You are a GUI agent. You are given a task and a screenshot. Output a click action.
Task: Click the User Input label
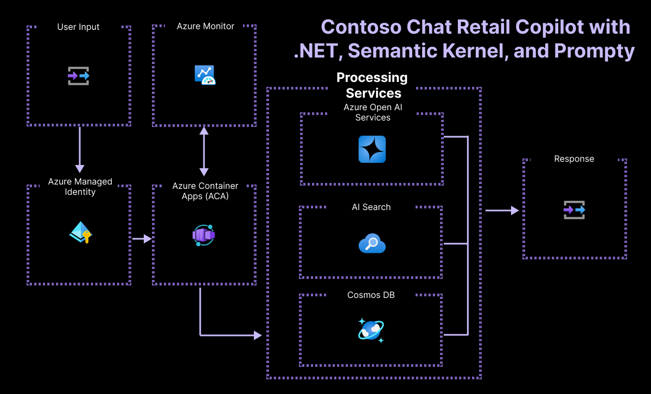click(78, 27)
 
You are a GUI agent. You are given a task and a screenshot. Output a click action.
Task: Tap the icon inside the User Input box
click(79, 76)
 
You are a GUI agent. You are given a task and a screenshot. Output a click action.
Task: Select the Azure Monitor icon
click(205, 75)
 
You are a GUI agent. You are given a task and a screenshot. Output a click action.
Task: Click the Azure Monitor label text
click(206, 26)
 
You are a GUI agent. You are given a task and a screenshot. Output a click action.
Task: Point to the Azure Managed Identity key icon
click(80, 232)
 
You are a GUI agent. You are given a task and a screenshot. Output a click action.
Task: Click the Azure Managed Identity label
click(80, 187)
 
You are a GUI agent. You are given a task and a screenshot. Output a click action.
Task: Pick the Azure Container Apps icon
click(204, 235)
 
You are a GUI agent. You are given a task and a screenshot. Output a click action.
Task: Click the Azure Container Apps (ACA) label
click(205, 191)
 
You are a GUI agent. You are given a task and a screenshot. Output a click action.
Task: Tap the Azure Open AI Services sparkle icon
click(372, 149)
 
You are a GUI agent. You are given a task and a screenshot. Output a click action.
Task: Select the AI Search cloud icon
click(372, 244)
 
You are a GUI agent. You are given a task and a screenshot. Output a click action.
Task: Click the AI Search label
click(371, 207)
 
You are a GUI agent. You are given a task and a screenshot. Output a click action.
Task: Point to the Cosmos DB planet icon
click(371, 330)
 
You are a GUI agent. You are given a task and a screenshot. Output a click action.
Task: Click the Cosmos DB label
click(371, 295)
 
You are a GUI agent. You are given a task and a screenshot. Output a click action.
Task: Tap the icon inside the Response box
click(574, 209)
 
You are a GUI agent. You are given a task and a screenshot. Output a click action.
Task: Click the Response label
click(574, 159)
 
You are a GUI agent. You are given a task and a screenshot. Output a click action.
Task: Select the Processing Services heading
click(372, 85)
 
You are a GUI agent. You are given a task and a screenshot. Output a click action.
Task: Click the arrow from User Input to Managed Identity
click(80, 149)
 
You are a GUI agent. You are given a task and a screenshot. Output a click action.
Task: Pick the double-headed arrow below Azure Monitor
click(204, 151)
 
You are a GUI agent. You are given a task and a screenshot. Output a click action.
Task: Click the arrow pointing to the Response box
click(502, 210)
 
